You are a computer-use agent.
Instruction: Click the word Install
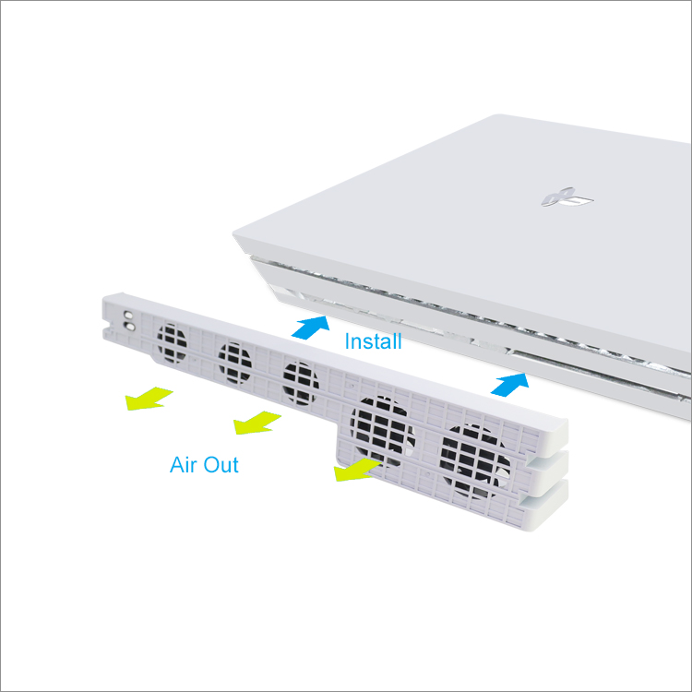373,341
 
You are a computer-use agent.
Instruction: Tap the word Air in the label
184,465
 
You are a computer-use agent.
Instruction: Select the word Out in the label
221,465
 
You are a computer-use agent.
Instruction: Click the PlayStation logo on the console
567,197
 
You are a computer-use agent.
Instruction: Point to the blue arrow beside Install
311,327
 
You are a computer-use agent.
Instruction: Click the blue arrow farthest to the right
510,384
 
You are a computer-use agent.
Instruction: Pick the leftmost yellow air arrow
148,399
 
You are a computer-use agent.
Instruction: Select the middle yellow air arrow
256,423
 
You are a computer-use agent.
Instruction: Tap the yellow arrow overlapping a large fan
356,469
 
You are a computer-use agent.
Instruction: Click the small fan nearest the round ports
172,343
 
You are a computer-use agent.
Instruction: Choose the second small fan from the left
234,363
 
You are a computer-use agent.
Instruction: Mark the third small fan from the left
301,383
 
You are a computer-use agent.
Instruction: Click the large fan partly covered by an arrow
382,430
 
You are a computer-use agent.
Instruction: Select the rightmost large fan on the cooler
474,461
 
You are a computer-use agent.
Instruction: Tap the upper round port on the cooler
128,316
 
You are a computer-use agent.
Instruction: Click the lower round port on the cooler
130,327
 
